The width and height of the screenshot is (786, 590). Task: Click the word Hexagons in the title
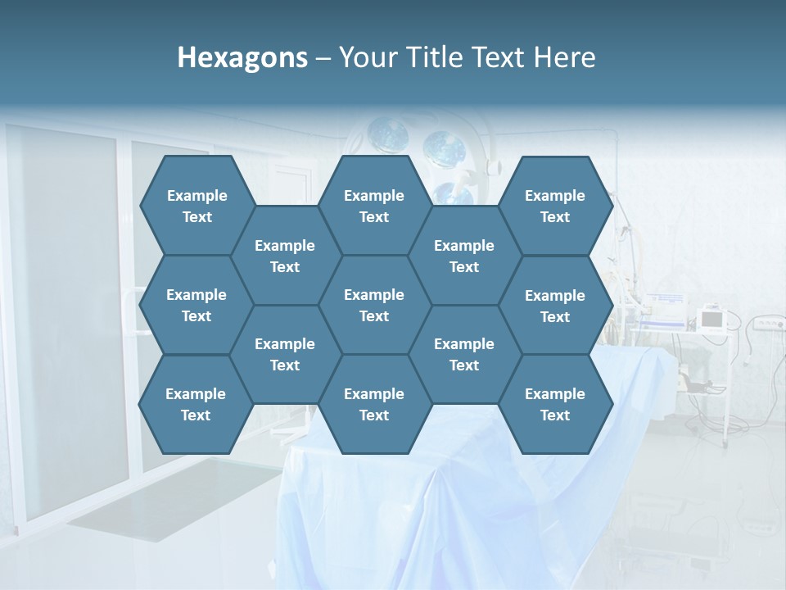242,57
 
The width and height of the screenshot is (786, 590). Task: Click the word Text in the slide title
499,57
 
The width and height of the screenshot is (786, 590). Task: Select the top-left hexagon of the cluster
196,205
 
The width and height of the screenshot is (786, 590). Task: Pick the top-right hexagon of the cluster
555,205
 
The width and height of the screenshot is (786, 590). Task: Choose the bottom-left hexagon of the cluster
196,404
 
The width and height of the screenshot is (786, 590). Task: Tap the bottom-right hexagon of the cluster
555,404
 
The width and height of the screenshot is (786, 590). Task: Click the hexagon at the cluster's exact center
374,305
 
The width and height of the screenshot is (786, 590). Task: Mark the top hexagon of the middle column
374,205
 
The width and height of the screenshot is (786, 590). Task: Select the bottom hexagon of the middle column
374,404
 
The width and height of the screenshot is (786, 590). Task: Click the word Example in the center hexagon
374,295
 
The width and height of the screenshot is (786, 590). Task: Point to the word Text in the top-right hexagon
555,217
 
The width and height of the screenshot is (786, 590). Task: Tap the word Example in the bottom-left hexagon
196,394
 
